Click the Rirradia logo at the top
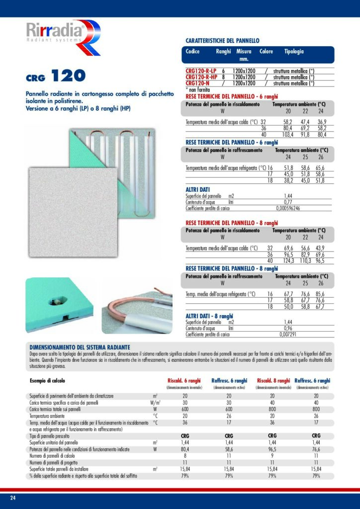point(62,38)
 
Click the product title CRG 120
point(56,76)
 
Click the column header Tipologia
point(294,52)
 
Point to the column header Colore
point(267,52)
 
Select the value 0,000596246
point(288,208)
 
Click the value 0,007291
point(287,334)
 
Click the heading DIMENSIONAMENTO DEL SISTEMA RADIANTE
point(80,346)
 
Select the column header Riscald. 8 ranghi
point(274,381)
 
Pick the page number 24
point(13,498)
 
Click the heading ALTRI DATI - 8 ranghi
point(209,316)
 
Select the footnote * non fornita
point(197,88)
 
